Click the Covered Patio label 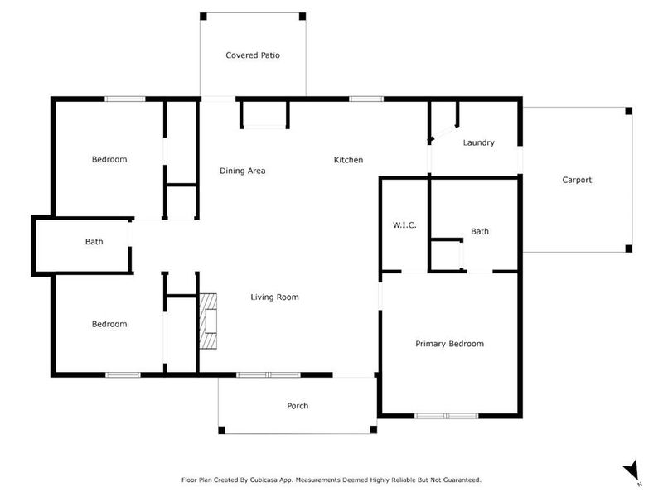(253, 55)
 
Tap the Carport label (577, 180)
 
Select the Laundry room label (478, 142)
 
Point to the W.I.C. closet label (404, 226)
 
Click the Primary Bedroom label (449, 344)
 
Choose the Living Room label (274, 297)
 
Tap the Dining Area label (242, 171)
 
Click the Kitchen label (348, 160)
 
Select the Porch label (298, 406)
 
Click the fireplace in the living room (208, 322)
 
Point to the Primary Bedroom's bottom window (446, 416)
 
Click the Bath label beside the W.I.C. (480, 232)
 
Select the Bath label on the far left (94, 242)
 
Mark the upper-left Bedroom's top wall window (124, 99)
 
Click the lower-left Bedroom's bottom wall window (123, 375)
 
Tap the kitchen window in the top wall (365, 99)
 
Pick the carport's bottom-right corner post (628, 248)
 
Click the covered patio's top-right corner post (302, 16)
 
